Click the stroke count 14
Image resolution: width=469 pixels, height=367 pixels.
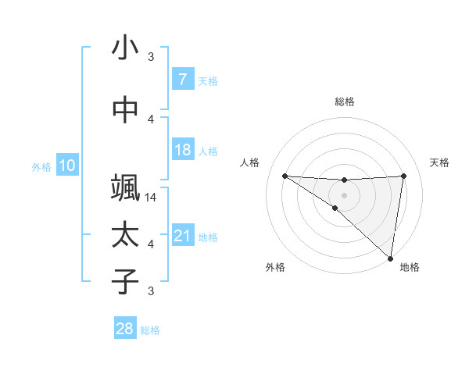click(151, 198)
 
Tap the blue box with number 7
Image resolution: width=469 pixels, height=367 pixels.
click(182, 80)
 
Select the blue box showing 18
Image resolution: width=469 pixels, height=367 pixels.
click(182, 150)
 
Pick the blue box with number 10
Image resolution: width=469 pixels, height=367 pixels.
click(66, 166)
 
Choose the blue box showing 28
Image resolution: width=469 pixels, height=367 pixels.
click(125, 329)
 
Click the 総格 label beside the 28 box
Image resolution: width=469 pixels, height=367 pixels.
click(150, 330)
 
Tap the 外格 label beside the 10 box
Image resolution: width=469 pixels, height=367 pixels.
click(41, 166)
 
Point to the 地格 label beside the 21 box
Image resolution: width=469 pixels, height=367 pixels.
click(208, 237)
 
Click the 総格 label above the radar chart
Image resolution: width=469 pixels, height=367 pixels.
click(344, 102)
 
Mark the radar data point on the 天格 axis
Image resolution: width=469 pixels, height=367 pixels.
click(403, 176)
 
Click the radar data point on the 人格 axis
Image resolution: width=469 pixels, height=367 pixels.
click(285, 176)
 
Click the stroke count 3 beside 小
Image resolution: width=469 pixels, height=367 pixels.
click(151, 57)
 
